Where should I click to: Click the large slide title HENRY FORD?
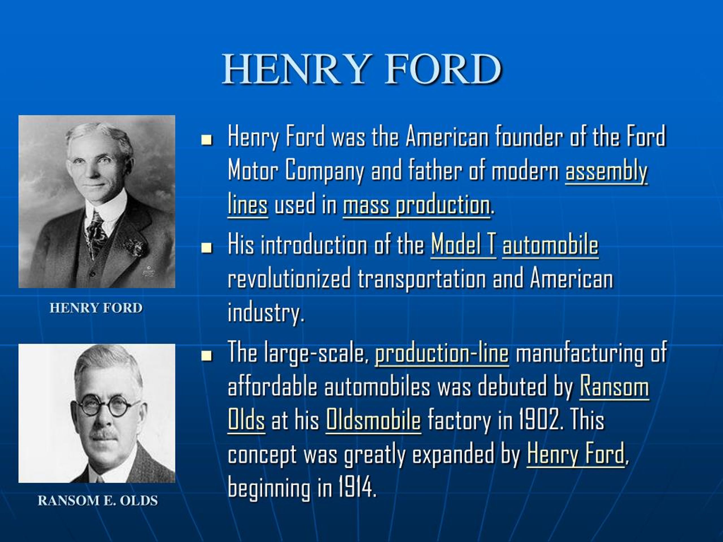[x=361, y=69]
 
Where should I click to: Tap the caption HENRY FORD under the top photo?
[x=96, y=308]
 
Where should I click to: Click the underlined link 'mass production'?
[x=416, y=205]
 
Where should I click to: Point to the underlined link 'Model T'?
[x=463, y=245]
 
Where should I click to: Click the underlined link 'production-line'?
[x=442, y=353]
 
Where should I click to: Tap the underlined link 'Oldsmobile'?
[x=373, y=420]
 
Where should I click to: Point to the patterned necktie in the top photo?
[x=95, y=233]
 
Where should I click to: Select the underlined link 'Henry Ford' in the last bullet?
[x=576, y=454]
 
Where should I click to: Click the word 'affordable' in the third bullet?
[x=272, y=387]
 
